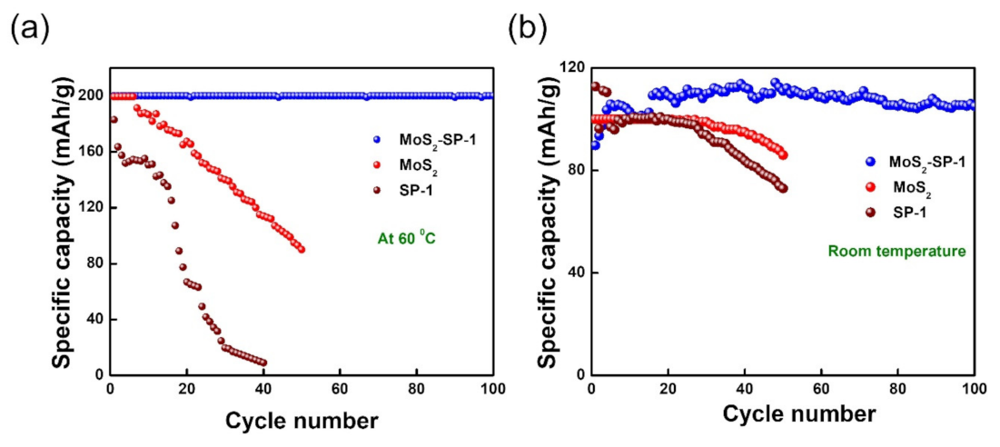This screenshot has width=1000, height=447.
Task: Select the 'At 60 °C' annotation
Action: [x=408, y=240]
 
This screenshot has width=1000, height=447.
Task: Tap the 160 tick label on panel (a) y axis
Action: [x=89, y=152]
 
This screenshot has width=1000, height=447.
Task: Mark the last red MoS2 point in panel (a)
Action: [x=301, y=249]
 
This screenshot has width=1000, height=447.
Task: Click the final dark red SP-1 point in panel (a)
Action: [x=262, y=363]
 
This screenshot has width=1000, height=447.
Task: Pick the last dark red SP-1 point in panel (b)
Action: [x=783, y=188]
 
